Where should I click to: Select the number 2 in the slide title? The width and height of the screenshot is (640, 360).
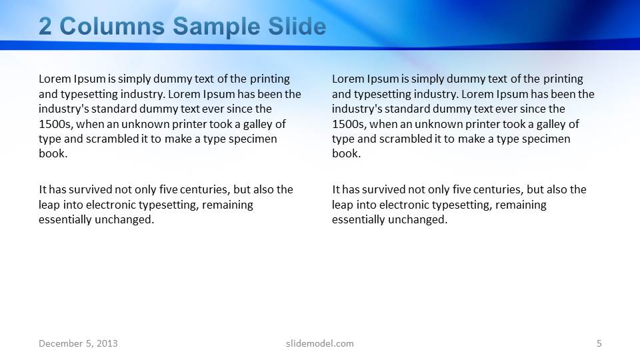click(45, 27)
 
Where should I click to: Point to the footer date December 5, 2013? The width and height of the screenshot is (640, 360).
click(78, 343)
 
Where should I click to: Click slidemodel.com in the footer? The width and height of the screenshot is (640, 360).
click(319, 343)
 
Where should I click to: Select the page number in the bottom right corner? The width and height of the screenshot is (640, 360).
click(599, 343)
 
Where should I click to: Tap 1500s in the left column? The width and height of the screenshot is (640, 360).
click(52, 124)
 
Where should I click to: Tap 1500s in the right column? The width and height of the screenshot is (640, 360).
click(345, 124)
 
